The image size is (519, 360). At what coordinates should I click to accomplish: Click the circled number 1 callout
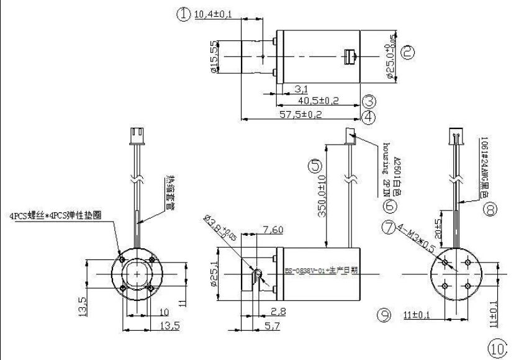pyautogui.click(x=183, y=14)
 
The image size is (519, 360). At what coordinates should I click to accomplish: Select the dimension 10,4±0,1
pyautogui.click(x=213, y=14)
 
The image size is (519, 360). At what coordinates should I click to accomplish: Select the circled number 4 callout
pyautogui.click(x=369, y=116)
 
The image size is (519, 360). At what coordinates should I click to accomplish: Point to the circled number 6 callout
pyautogui.click(x=389, y=205)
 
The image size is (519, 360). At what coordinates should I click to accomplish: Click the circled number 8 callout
pyautogui.click(x=490, y=210)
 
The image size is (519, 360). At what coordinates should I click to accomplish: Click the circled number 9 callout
pyautogui.click(x=384, y=316)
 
